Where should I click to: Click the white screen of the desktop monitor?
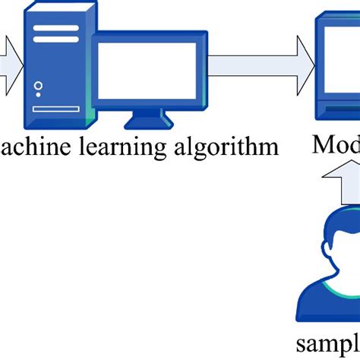(147, 71)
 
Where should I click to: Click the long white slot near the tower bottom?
(56, 109)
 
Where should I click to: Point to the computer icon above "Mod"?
(339, 72)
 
